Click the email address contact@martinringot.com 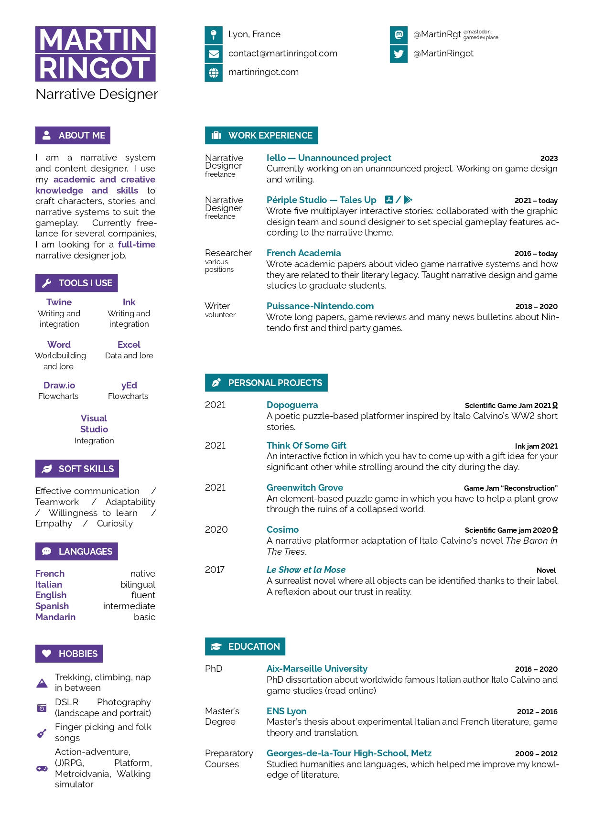pyautogui.click(x=282, y=54)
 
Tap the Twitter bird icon pyautogui.click(x=399, y=54)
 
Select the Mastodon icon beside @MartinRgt pyautogui.click(x=399, y=34)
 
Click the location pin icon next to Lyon pyautogui.click(x=214, y=34)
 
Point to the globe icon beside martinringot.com pyautogui.click(x=214, y=73)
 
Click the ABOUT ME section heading pyautogui.click(x=73, y=135)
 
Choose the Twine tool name pyautogui.click(x=59, y=302)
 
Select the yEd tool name pyautogui.click(x=129, y=386)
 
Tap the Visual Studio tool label pyautogui.click(x=94, y=424)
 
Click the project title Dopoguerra pyautogui.click(x=292, y=405)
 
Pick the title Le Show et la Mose pyautogui.click(x=306, y=570)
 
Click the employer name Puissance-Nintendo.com pyautogui.click(x=320, y=306)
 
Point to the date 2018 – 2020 pyautogui.click(x=536, y=307)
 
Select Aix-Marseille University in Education pyautogui.click(x=317, y=669)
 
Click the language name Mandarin pyautogui.click(x=55, y=617)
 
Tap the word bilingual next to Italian pyautogui.click(x=138, y=585)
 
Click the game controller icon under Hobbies pyautogui.click(x=42, y=769)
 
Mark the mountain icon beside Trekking pyautogui.click(x=42, y=683)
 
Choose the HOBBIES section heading pyautogui.click(x=69, y=654)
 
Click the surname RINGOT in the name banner pyautogui.click(x=95, y=68)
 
